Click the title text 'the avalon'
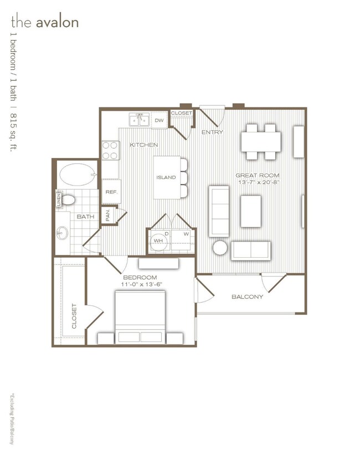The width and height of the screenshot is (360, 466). pos(44,23)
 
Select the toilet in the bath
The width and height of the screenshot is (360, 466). pos(69,199)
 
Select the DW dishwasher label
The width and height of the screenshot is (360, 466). pos(159,120)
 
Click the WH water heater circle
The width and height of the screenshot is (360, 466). pos(158,241)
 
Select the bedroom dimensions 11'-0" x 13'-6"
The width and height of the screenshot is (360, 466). pos(140,284)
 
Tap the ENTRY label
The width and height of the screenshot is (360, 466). pos(212,132)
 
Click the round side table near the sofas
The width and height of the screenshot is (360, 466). pos(220,247)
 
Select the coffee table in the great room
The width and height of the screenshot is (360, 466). pos(250,211)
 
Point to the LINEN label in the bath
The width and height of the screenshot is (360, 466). pos(58,199)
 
